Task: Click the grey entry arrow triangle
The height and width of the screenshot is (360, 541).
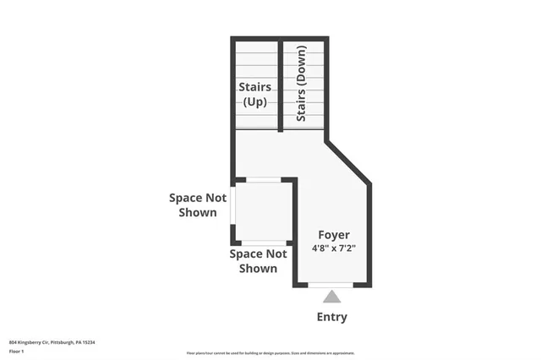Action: (331, 297)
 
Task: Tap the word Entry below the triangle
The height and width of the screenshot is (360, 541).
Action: (331, 317)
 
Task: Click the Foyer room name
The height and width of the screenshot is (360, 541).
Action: (333, 234)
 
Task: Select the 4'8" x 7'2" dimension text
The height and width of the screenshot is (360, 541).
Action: (333, 248)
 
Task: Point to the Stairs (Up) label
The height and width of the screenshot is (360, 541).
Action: (254, 94)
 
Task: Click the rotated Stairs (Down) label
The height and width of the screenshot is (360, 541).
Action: (302, 84)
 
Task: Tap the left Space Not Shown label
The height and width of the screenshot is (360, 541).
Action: (198, 205)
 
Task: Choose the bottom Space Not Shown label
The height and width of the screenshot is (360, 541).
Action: (258, 261)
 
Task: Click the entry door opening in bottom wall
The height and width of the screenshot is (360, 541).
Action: (331, 286)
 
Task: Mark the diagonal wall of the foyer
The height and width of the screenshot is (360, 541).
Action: (347, 161)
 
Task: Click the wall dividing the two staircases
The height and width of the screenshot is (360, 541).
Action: (280, 85)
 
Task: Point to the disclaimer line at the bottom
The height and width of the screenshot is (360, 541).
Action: (270, 353)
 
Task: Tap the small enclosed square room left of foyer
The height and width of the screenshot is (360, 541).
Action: (263, 211)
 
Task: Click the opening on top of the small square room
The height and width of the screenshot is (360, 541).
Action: (263, 179)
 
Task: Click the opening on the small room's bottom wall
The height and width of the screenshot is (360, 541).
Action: (263, 243)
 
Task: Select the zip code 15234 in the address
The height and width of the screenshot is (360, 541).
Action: (90, 342)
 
